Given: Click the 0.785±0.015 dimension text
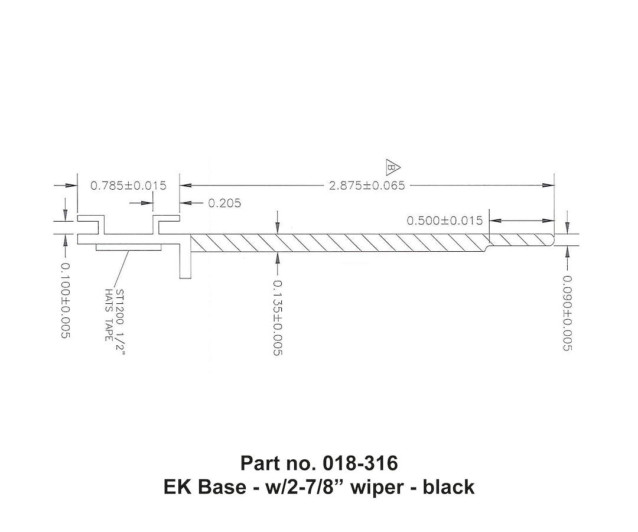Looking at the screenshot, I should point(128,186).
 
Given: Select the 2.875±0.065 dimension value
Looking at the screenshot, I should point(367,186).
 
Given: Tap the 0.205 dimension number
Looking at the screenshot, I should point(224,203).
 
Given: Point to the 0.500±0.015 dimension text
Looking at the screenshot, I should point(444,220).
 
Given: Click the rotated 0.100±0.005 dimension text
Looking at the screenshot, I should point(65,300).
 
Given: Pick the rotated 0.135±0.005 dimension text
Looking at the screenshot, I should point(276,317).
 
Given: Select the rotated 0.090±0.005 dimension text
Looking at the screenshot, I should point(566,313).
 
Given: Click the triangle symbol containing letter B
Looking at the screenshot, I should point(392,167).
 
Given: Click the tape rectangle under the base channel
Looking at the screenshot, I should point(128,246).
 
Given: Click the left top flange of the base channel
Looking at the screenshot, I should point(92,219).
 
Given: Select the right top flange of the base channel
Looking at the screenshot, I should point(166,219).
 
